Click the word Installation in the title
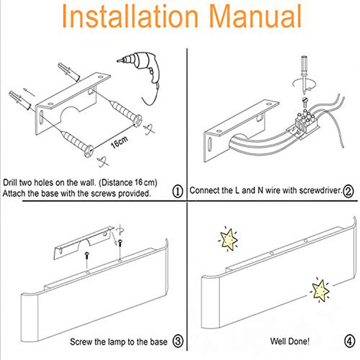pos(130,16)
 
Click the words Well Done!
pos(290,341)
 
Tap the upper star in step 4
pos(229,239)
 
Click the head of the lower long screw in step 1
pos(88,151)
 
